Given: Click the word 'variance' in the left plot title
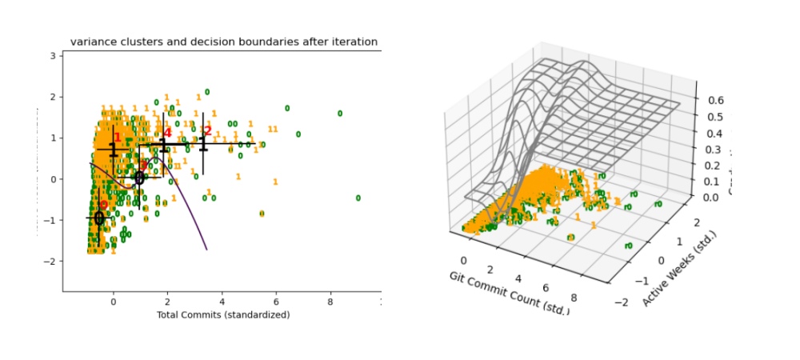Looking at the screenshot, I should tap(92, 42).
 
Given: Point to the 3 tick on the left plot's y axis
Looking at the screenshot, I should tap(53, 55).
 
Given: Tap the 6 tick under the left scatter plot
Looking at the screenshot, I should tap(276, 302).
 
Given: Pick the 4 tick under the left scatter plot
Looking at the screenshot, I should tap(222, 302).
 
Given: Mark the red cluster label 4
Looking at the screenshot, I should tap(167, 133).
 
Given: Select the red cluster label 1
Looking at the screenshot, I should tap(118, 138).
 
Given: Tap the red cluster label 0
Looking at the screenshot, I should tap(103, 206).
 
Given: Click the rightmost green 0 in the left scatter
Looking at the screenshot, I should tap(358, 198).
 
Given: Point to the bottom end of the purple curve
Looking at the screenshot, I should tap(207, 249).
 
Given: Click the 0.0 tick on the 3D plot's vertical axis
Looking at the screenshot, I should tap(713, 197).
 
